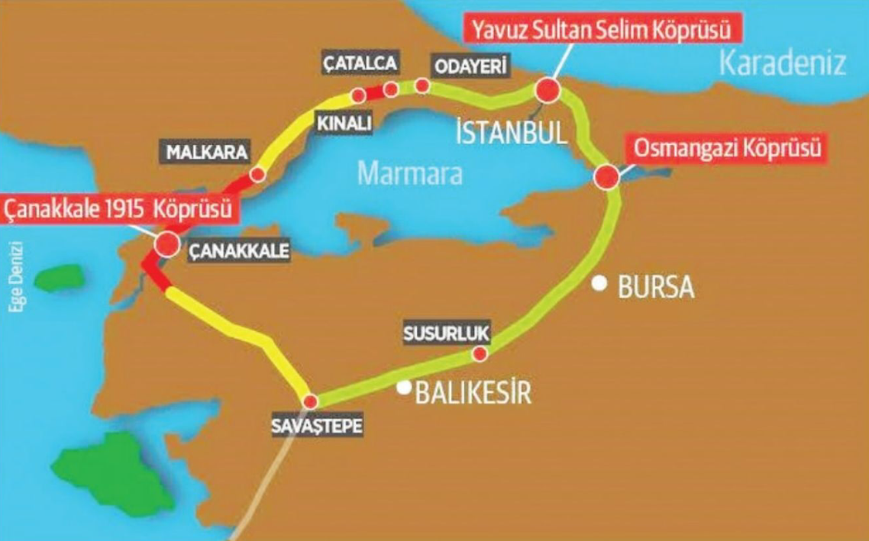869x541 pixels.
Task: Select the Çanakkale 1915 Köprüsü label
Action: pyautogui.click(x=119, y=209)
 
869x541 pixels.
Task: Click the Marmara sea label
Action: pyautogui.click(x=410, y=173)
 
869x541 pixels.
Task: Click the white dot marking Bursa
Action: pyautogui.click(x=602, y=284)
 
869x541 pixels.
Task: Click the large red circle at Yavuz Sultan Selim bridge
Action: pyautogui.click(x=548, y=90)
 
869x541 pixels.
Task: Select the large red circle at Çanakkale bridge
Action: pyautogui.click(x=166, y=244)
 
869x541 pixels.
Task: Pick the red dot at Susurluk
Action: pyautogui.click(x=480, y=354)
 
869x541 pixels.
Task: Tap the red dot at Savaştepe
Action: pyautogui.click(x=310, y=401)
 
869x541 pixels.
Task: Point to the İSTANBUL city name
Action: pyautogui.click(x=511, y=133)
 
